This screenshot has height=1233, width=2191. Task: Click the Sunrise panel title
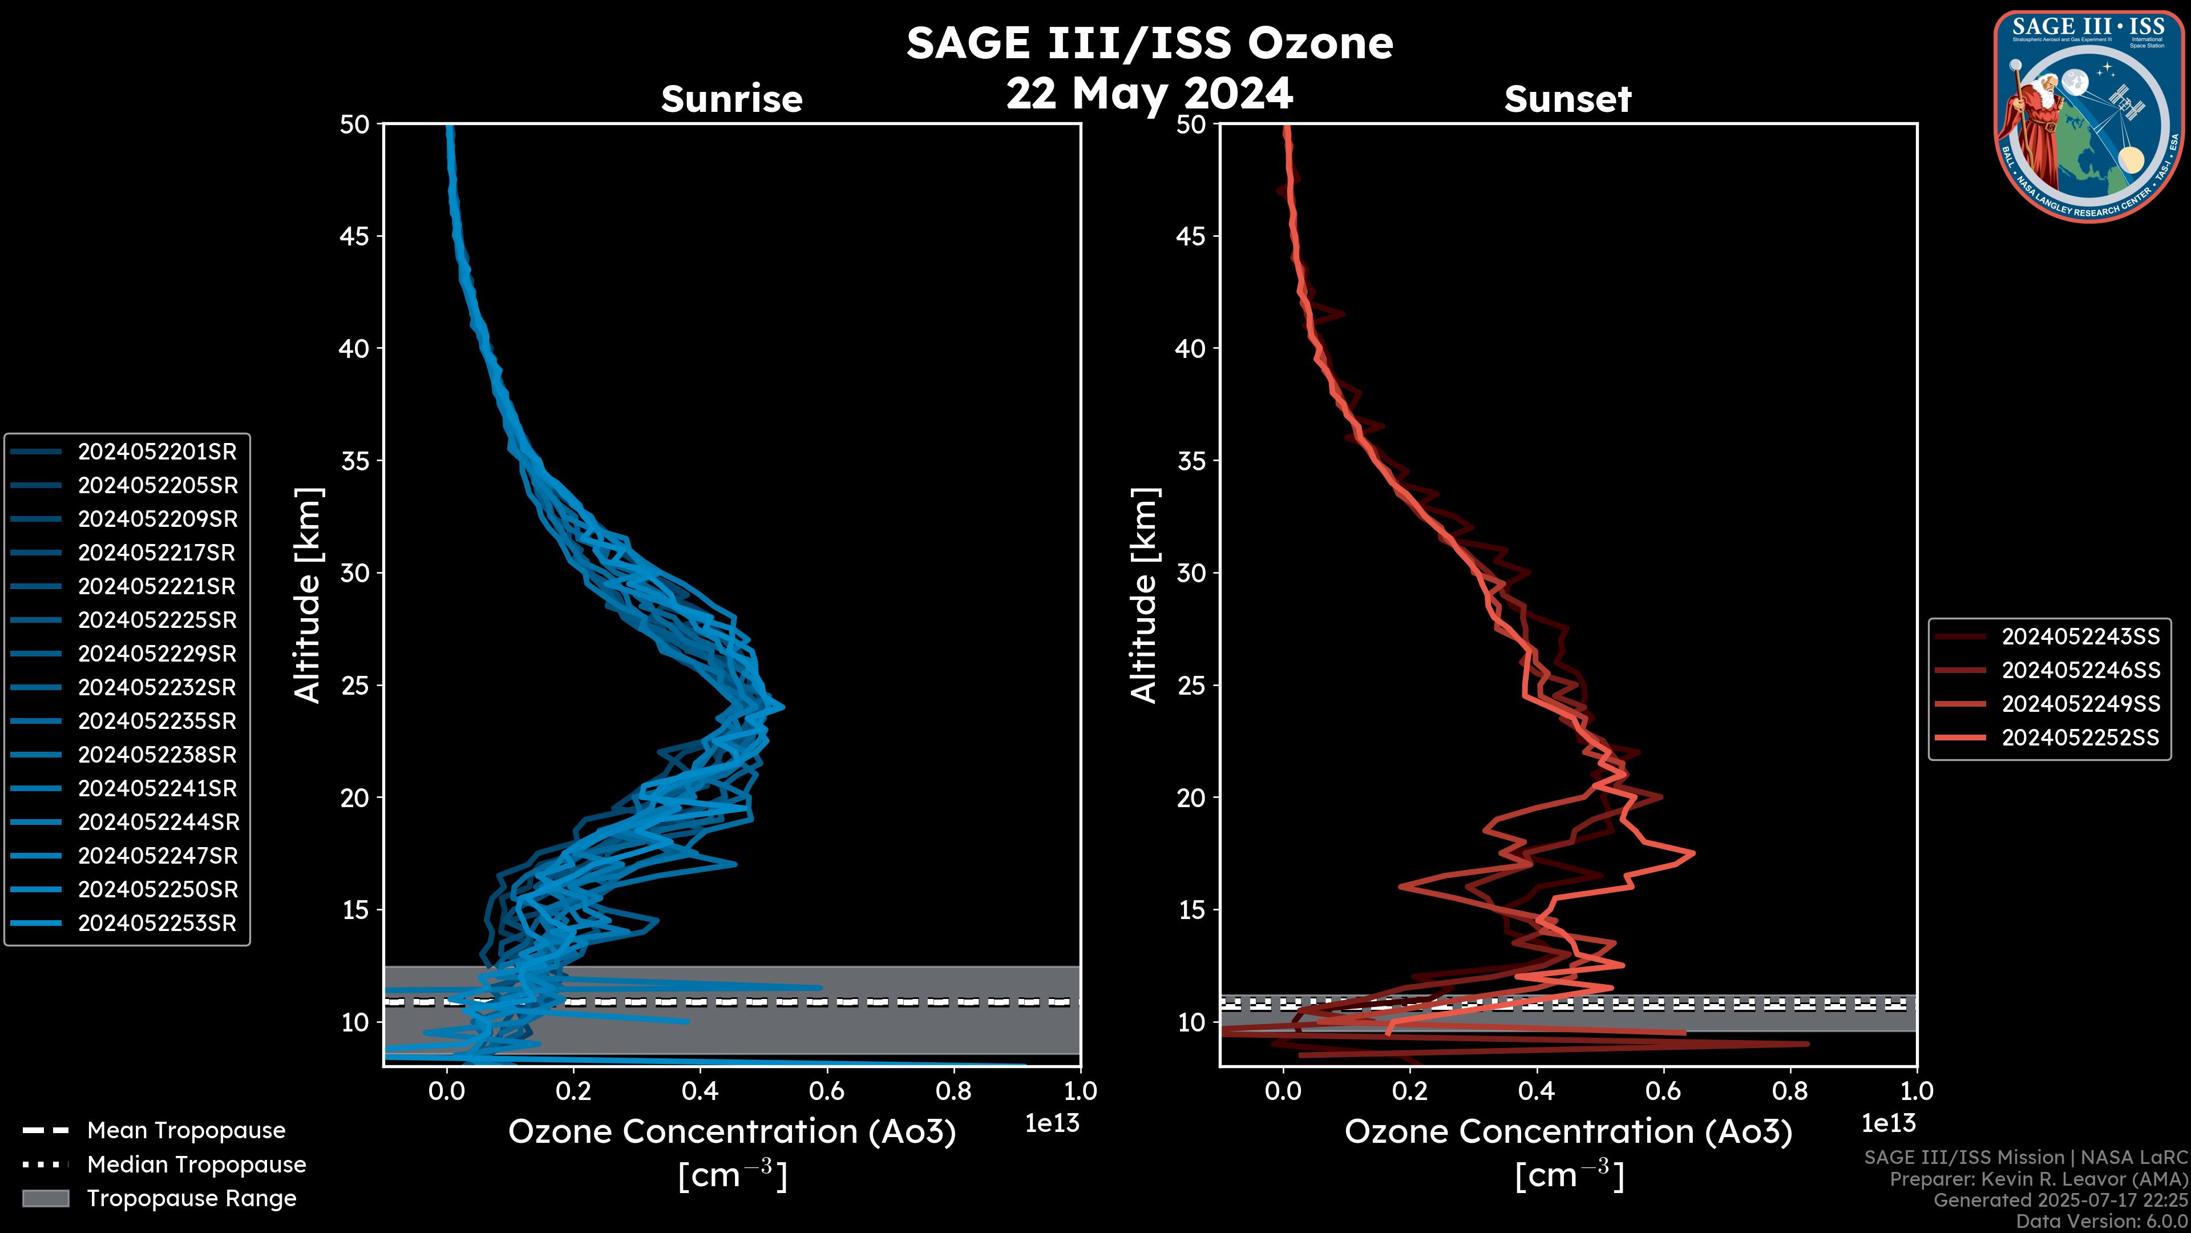(731, 99)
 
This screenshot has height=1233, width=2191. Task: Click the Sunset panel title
(1567, 99)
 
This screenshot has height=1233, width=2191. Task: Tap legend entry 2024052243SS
(2080, 636)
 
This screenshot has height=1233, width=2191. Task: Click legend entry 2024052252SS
(2080, 738)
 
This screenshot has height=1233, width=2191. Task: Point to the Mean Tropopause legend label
(186, 1130)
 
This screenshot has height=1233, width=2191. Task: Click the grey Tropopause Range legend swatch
(45, 1198)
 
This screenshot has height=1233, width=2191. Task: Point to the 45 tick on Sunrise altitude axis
(355, 236)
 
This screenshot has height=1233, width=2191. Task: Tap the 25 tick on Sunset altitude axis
(1191, 685)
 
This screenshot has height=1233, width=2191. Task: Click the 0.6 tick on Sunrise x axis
(827, 1091)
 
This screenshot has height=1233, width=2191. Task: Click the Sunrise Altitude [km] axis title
(307, 595)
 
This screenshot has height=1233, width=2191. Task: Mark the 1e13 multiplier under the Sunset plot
(1888, 1123)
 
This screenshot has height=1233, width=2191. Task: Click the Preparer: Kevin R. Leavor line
(2038, 1179)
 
